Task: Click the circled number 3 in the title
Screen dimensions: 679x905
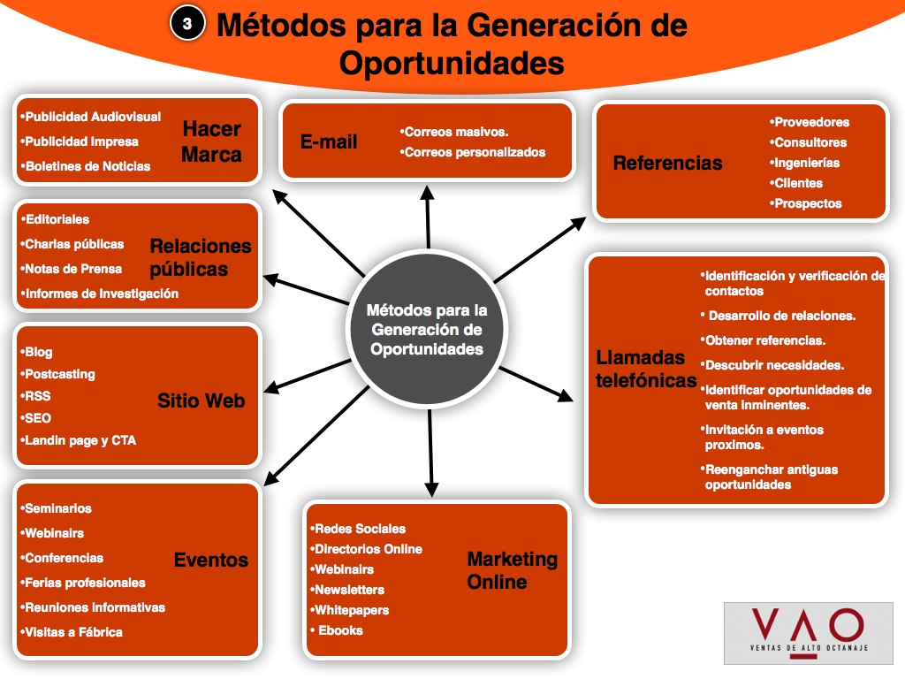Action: (186, 25)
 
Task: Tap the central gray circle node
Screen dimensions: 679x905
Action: (427, 329)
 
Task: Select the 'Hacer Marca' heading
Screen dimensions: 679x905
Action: (211, 141)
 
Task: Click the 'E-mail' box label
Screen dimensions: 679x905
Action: (329, 141)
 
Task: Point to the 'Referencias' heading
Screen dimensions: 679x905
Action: (667, 163)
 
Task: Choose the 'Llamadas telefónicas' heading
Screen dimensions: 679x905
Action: (646, 369)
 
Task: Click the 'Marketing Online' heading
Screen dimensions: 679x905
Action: (512, 570)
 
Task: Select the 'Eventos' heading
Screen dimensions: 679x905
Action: (210, 559)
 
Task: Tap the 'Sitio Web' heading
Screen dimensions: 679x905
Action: (201, 401)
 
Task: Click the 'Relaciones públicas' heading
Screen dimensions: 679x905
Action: (200, 257)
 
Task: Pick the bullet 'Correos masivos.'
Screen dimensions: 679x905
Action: (456, 132)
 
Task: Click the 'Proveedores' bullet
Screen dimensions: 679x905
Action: (810, 122)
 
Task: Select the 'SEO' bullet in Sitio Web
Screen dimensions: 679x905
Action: (38, 418)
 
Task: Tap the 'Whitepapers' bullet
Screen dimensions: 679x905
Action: (352, 610)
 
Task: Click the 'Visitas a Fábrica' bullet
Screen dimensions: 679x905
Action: (73, 632)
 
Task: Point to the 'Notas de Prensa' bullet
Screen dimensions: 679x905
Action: (73, 269)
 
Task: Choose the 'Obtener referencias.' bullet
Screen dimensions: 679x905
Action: (765, 340)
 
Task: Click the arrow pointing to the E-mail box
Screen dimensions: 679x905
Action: (428, 216)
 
